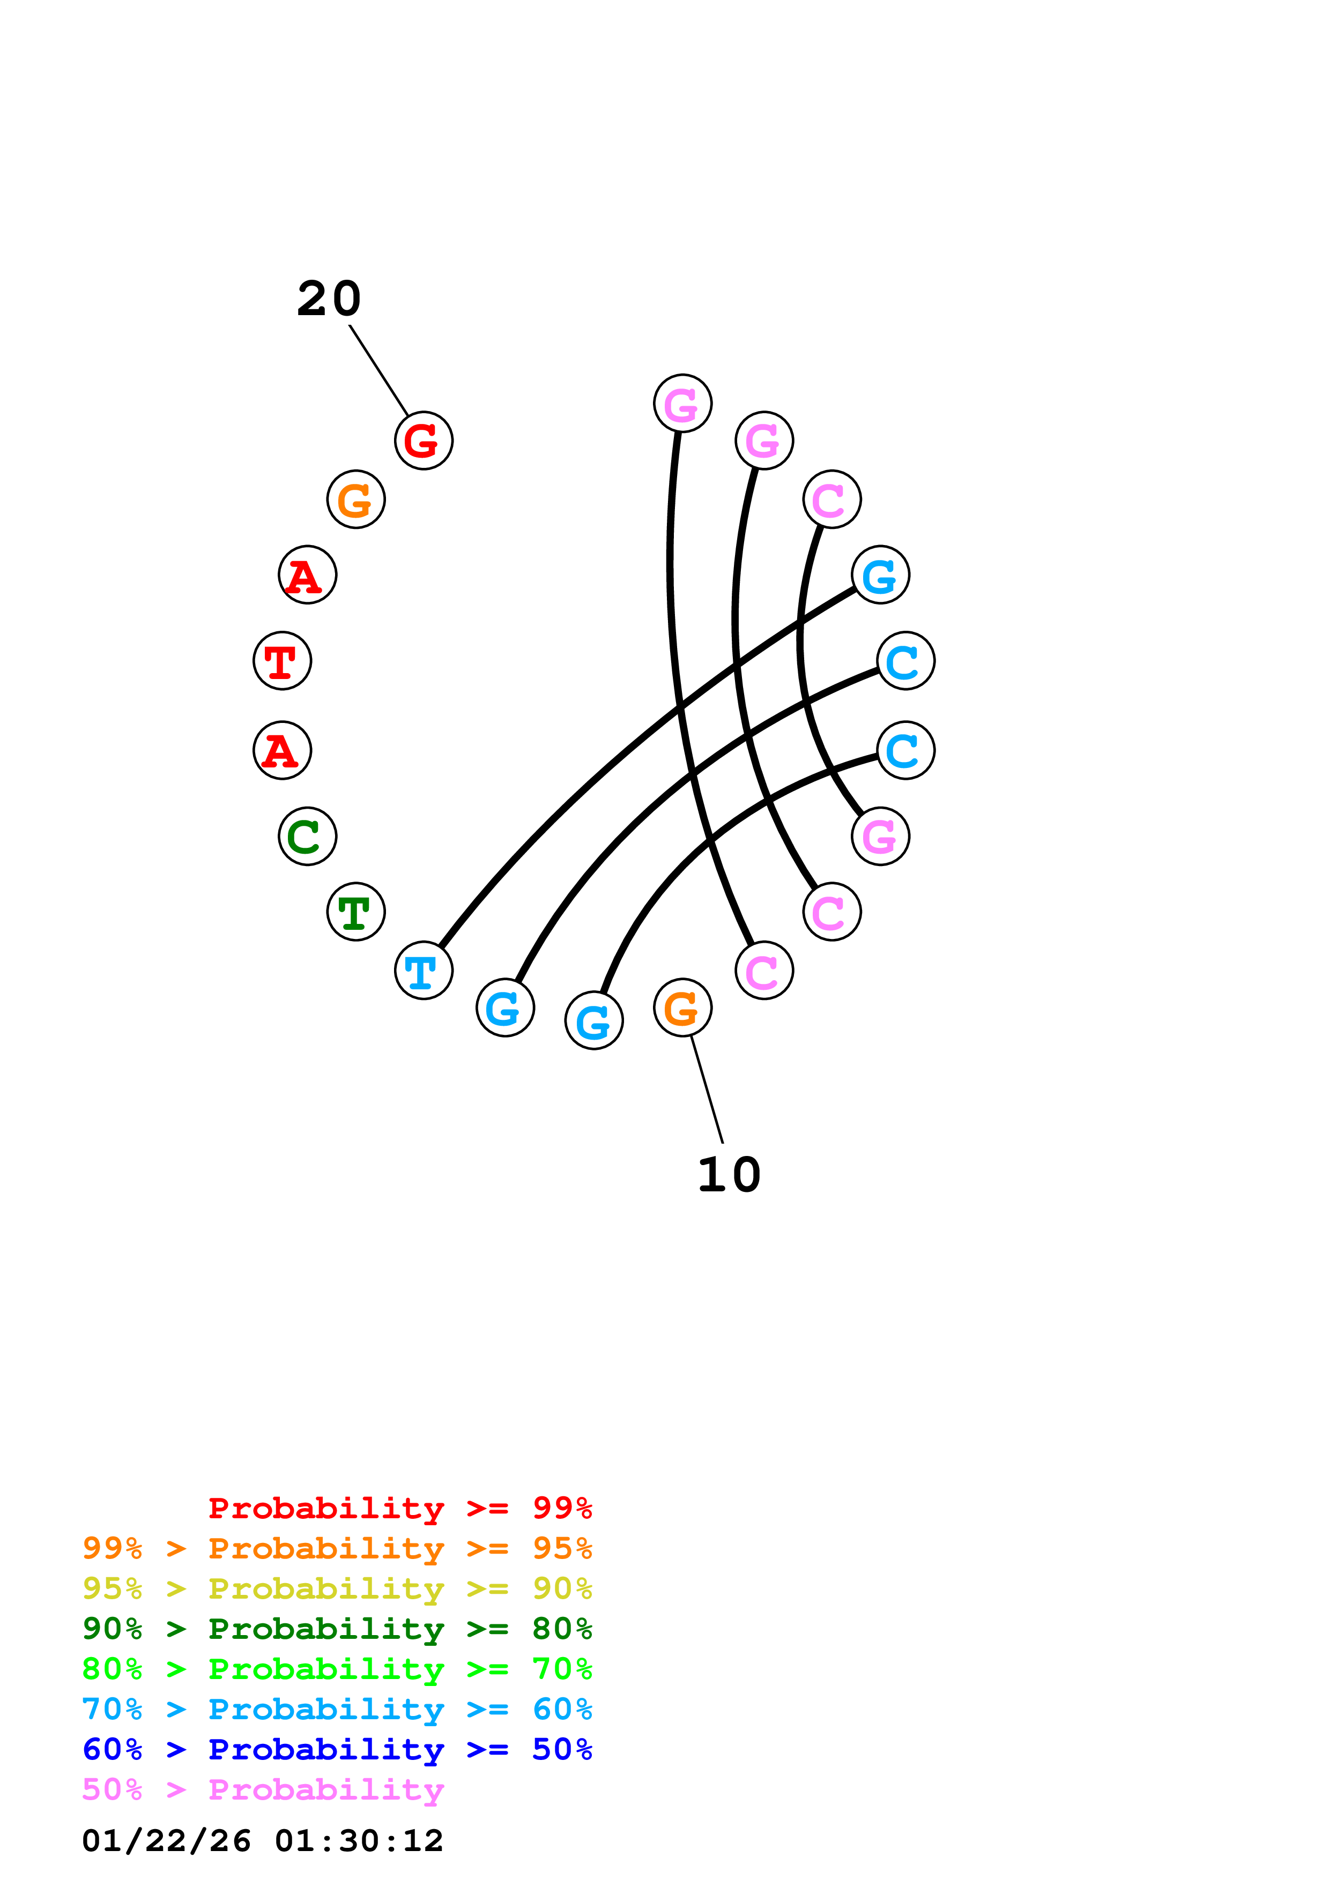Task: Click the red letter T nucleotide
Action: click(x=281, y=661)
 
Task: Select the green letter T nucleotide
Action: click(x=355, y=912)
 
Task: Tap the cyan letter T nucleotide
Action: click(x=424, y=971)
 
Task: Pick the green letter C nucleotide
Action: click(x=307, y=836)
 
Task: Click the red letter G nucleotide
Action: click(x=424, y=441)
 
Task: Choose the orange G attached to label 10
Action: click(x=682, y=1007)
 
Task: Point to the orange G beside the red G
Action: click(x=355, y=499)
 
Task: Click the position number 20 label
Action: click(x=328, y=299)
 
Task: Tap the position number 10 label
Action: click(x=729, y=1176)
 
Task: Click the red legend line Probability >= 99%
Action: click(x=399, y=1508)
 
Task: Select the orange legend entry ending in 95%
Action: click(x=337, y=1548)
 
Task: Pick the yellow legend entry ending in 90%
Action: click(x=337, y=1588)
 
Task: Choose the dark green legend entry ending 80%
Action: click(x=337, y=1629)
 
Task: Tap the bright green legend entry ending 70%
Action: click(x=337, y=1669)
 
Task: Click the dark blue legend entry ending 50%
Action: click(x=337, y=1749)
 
